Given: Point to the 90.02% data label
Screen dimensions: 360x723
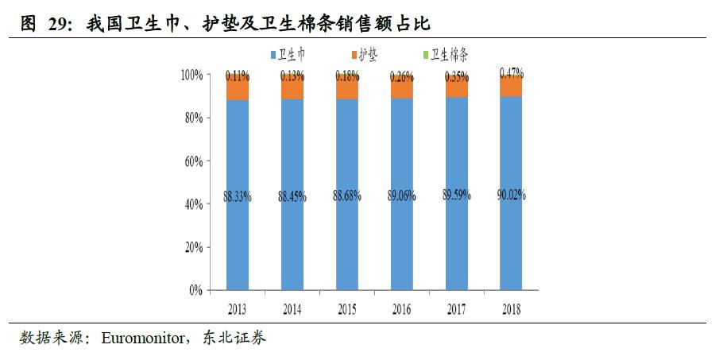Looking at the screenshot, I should (x=511, y=195).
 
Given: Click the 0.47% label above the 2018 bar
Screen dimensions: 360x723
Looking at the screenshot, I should (x=511, y=72).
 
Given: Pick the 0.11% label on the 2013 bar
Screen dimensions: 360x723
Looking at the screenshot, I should (x=238, y=76).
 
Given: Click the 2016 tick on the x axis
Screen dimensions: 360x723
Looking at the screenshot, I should (x=402, y=306).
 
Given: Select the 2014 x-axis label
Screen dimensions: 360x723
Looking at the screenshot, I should (x=292, y=306).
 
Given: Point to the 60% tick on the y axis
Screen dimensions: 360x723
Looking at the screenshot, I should (x=194, y=161).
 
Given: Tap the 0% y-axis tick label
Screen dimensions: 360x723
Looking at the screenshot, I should (x=196, y=290).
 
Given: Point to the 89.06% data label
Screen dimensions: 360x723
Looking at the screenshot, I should (x=402, y=195).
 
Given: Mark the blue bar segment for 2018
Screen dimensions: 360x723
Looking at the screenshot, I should (x=511, y=238).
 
